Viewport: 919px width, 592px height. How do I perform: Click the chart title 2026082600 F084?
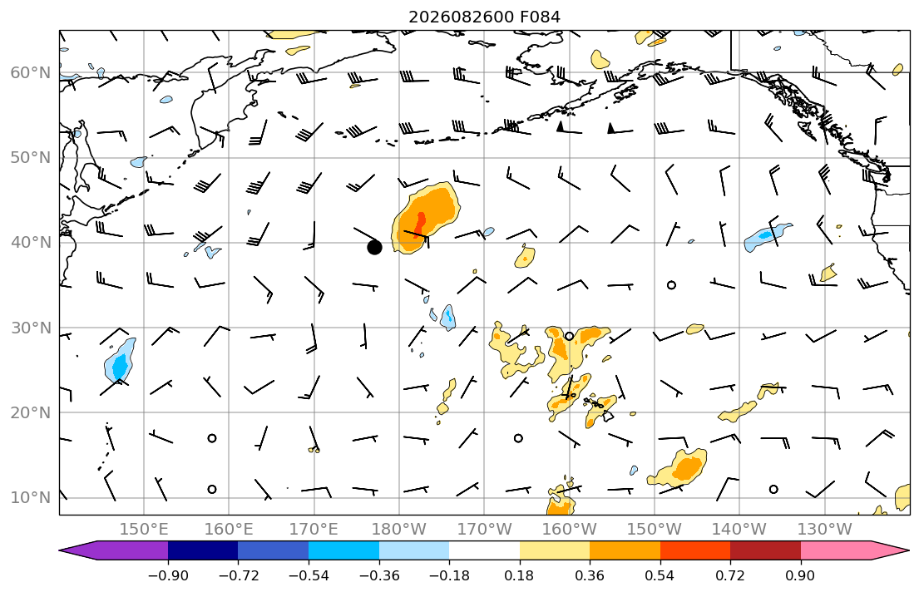(x=484, y=17)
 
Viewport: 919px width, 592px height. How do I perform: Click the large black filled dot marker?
(x=374, y=247)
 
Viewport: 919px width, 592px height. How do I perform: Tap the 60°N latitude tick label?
(x=31, y=72)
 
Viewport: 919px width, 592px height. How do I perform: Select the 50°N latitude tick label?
(x=31, y=158)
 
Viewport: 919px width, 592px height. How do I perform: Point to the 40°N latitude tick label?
(x=31, y=243)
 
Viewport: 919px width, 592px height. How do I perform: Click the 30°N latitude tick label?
(x=31, y=328)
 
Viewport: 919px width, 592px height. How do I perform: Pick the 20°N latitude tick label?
(x=31, y=412)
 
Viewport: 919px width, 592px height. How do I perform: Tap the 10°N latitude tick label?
(x=31, y=498)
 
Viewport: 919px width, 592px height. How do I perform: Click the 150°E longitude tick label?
(x=144, y=530)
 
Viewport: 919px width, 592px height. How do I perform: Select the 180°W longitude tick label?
(x=399, y=530)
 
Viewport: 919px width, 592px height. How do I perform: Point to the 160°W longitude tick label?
(x=570, y=530)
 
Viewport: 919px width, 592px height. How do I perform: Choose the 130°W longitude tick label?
(x=825, y=530)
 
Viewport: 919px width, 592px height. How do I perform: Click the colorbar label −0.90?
(x=168, y=575)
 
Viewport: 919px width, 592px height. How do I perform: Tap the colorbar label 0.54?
(x=660, y=575)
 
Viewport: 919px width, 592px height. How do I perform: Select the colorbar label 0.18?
(x=519, y=575)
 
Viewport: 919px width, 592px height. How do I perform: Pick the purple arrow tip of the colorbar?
(x=60, y=550)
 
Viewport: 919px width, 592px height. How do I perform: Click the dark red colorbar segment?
(x=765, y=550)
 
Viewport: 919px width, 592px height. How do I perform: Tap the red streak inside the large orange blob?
(x=421, y=224)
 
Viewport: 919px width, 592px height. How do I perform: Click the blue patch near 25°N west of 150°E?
(x=121, y=361)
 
